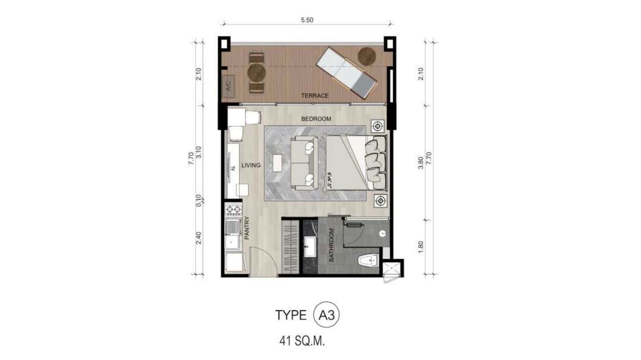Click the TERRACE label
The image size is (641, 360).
point(315,95)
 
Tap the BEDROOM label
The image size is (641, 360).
point(316,119)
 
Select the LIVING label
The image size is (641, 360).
point(251,166)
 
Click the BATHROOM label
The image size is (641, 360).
point(331,244)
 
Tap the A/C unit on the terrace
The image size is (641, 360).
point(228,86)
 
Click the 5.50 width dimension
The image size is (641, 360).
point(307,21)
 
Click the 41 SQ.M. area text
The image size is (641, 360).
point(305,341)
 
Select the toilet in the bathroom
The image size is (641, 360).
point(368,260)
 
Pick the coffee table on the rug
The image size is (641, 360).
point(277,162)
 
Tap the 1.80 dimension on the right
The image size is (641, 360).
point(421,246)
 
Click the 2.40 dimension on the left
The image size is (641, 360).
point(199,238)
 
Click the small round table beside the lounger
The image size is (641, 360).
point(367,56)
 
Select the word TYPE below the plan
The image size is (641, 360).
point(290,315)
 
